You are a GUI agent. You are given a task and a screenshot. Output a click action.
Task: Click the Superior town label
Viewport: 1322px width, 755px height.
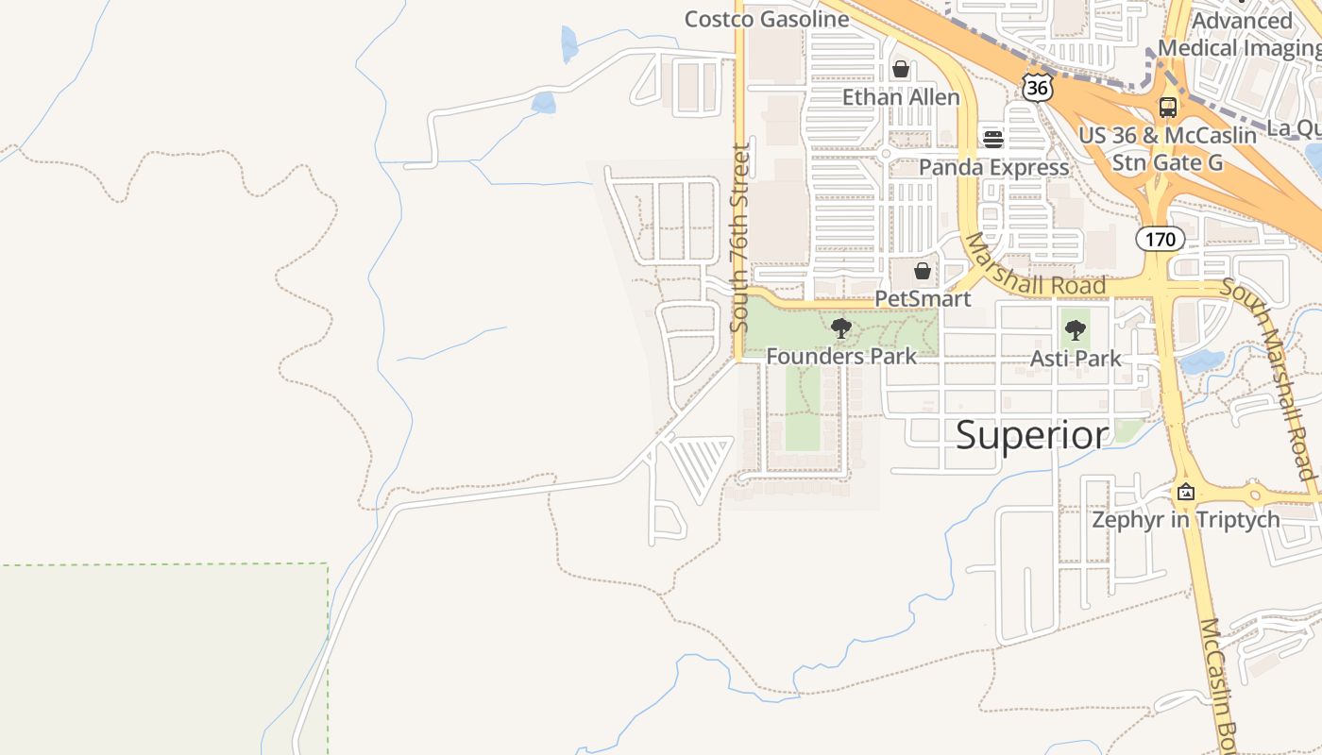click(1032, 435)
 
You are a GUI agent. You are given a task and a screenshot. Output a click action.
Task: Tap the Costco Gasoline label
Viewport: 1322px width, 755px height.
click(766, 19)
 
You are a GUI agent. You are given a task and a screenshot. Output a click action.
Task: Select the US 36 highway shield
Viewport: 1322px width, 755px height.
click(1037, 87)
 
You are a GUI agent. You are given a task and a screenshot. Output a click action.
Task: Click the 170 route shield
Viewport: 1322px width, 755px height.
click(1160, 239)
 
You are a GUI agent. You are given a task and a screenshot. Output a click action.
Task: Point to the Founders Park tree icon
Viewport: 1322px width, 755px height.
click(840, 328)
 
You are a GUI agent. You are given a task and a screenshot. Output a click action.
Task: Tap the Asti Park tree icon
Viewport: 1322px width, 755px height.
click(1075, 330)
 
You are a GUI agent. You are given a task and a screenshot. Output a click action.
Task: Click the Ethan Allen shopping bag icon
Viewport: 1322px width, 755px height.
click(901, 69)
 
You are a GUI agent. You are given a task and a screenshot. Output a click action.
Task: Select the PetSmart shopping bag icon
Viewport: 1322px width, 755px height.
click(923, 271)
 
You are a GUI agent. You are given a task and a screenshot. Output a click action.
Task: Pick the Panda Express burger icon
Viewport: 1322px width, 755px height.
click(992, 140)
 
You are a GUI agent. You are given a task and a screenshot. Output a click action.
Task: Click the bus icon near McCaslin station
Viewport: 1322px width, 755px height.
click(1168, 107)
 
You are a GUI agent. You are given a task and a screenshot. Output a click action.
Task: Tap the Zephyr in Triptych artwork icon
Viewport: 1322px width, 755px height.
click(1186, 492)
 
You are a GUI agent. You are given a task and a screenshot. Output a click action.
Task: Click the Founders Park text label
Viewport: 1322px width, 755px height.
click(840, 357)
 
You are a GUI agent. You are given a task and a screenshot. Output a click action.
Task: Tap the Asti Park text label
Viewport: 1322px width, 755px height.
click(1076, 359)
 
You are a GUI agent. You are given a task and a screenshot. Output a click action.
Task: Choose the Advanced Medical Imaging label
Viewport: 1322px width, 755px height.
click(1240, 34)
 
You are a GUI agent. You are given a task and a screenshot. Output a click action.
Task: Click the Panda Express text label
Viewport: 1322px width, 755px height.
click(993, 168)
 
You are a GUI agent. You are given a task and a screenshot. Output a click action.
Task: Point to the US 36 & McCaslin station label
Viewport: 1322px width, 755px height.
click(1167, 149)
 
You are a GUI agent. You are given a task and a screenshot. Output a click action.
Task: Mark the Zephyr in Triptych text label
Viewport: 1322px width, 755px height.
click(1186, 520)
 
